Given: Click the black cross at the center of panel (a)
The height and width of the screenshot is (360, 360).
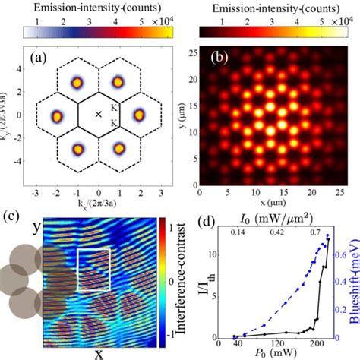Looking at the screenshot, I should [x=97, y=115].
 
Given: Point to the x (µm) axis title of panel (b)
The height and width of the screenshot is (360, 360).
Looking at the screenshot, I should [x=270, y=199].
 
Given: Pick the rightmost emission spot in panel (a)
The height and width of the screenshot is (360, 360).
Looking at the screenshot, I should [x=139, y=115].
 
